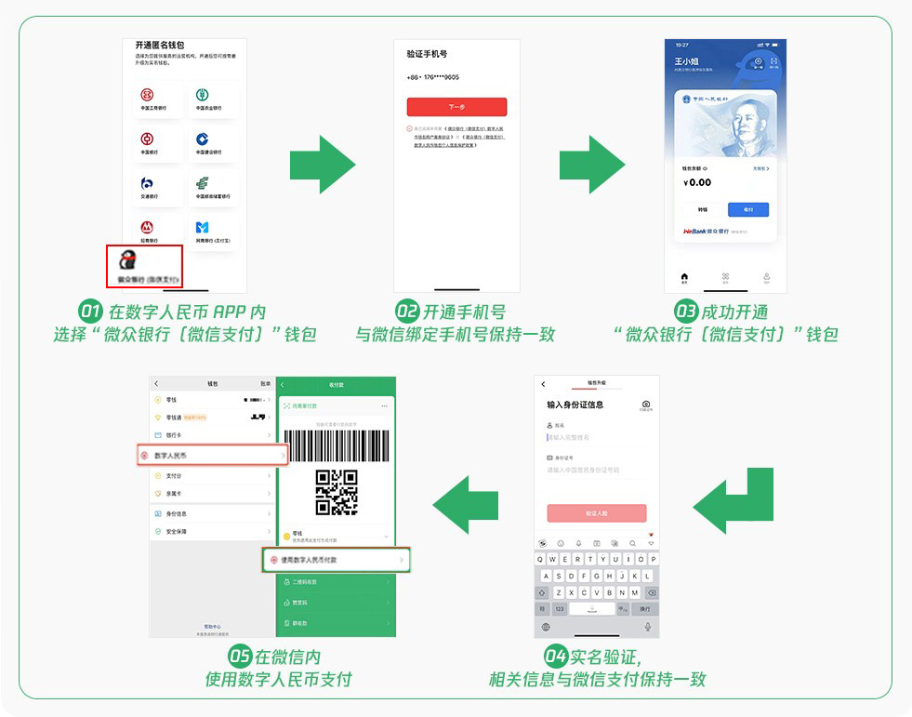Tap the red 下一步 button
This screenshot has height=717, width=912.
point(456,107)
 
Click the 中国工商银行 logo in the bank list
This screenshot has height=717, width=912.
point(147,95)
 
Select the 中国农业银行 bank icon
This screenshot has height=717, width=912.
point(202,95)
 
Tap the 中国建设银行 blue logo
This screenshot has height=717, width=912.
point(202,139)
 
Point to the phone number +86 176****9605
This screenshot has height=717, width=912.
point(432,77)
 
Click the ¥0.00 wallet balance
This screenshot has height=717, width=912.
point(697,182)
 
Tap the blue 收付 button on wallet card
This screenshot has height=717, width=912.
point(747,209)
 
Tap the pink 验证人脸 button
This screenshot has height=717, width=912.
point(596,513)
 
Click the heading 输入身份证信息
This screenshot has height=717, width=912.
point(575,405)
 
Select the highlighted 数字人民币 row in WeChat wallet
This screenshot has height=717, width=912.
point(214,456)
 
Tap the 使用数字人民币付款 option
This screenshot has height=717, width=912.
point(336,560)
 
